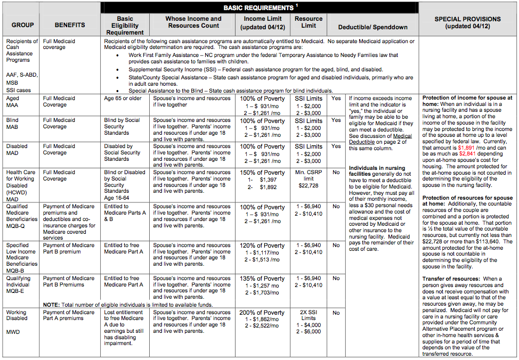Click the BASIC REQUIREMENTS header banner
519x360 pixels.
click(x=259, y=8)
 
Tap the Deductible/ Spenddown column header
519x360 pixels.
click(x=373, y=27)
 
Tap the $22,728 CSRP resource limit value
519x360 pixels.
click(x=308, y=185)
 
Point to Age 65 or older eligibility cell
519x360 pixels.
click(x=123, y=99)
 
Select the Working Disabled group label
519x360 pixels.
click(x=17, y=315)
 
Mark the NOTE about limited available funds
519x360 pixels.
click(x=128, y=305)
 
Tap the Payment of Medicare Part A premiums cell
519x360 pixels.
click(x=69, y=316)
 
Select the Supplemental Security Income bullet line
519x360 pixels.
click(x=255, y=70)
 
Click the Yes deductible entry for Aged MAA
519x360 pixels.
click(x=336, y=99)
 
